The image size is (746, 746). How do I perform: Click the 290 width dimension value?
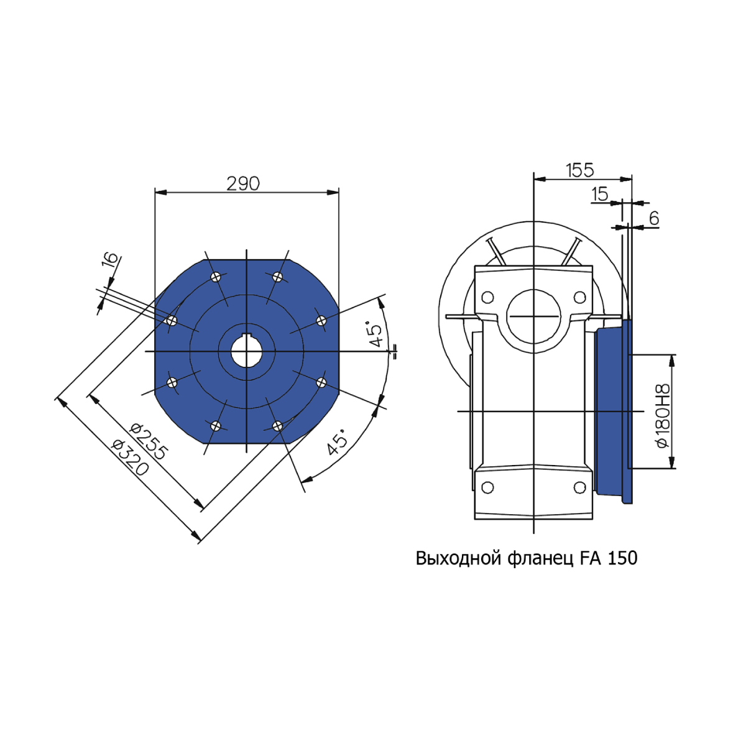point(242,184)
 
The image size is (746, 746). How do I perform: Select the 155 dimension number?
point(579,170)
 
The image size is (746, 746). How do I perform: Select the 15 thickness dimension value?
point(600,195)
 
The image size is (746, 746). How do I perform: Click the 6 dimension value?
point(654,219)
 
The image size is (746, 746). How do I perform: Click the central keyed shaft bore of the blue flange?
point(247,351)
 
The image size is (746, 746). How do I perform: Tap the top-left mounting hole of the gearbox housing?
point(487,297)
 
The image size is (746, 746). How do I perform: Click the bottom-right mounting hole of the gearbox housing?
point(579,487)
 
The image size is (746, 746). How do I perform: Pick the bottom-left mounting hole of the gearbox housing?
point(487,487)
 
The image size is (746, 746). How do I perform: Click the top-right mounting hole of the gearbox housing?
point(579,297)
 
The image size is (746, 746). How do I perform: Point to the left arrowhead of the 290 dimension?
point(160,192)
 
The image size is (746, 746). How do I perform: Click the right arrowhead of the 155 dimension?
point(626,179)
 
